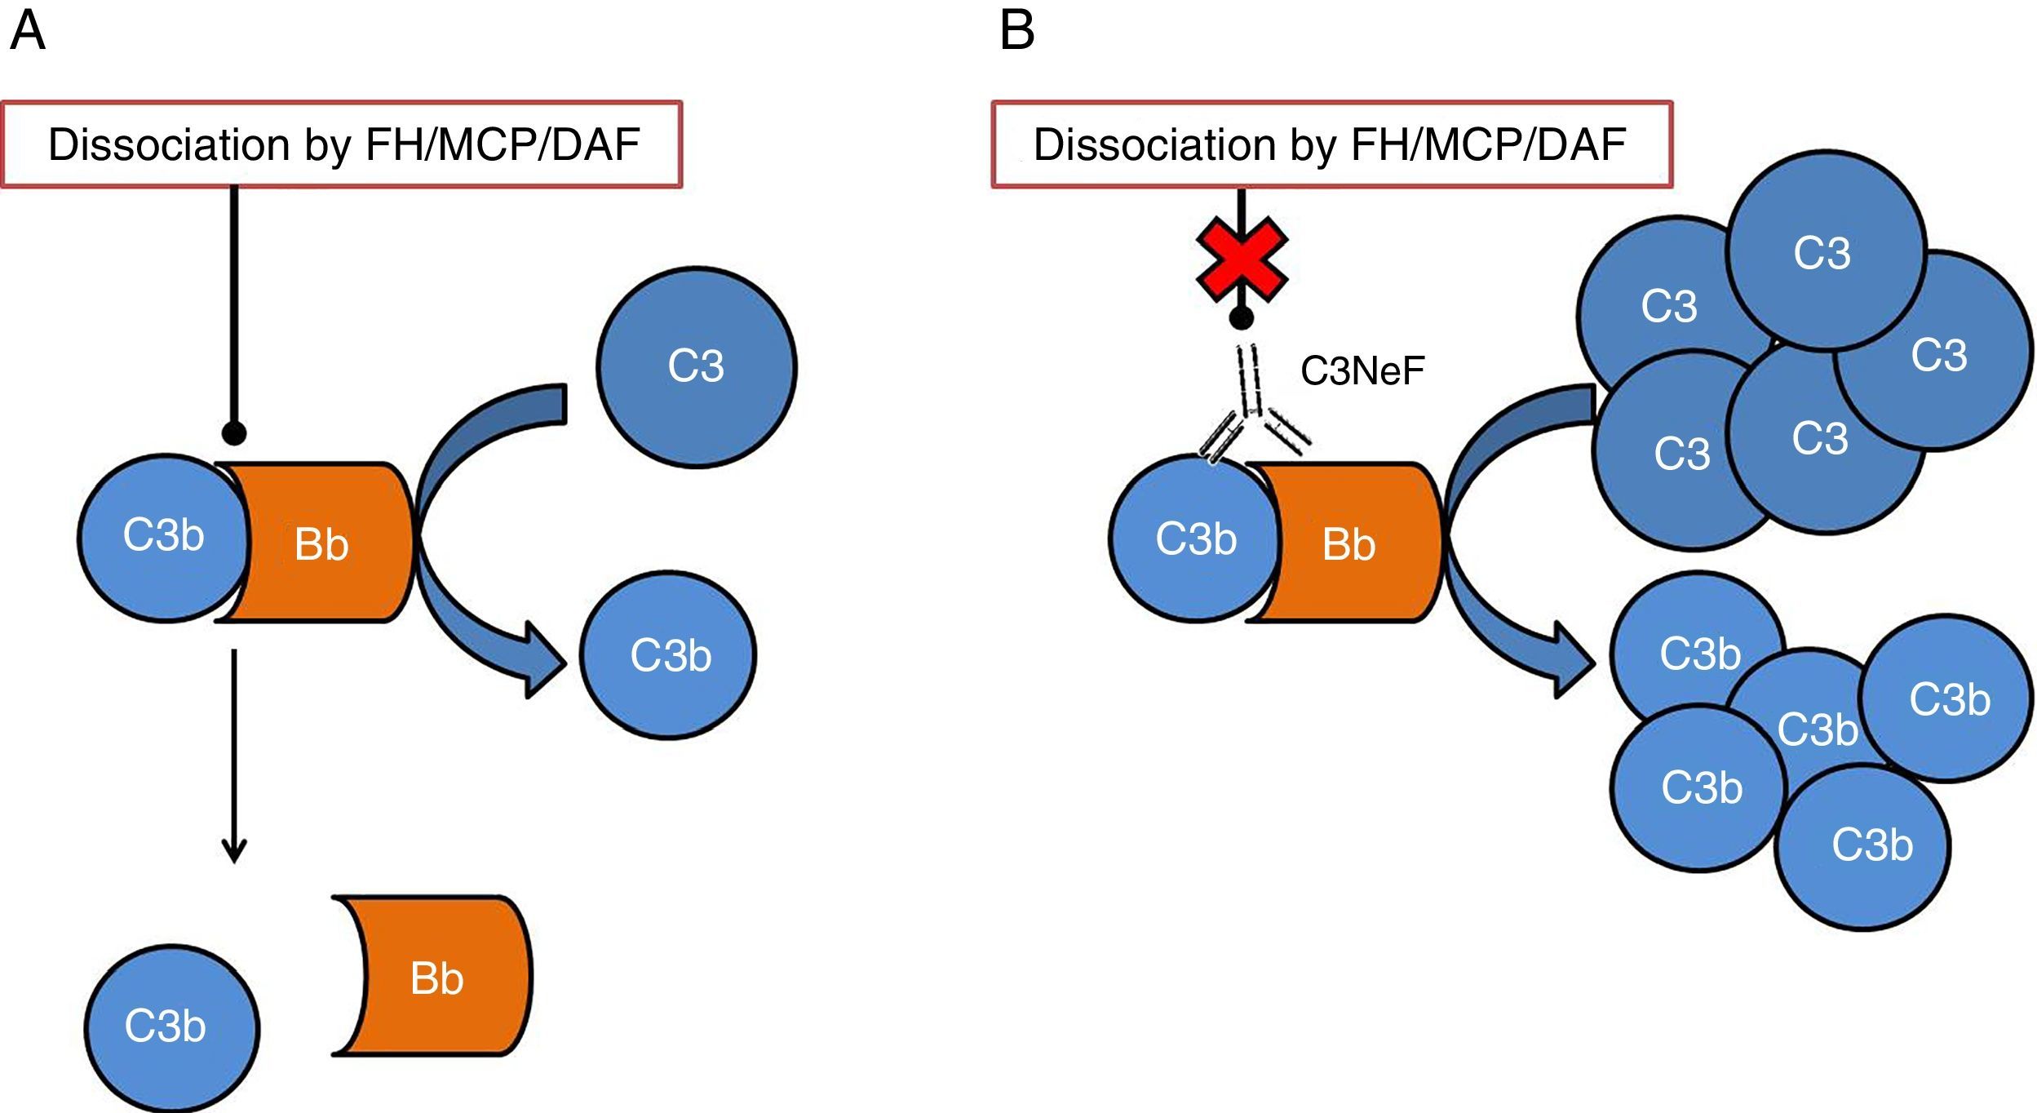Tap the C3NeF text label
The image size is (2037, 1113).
point(1362,371)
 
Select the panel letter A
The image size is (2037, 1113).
point(28,31)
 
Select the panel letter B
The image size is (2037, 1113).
point(1016,31)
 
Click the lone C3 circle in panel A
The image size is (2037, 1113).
point(696,366)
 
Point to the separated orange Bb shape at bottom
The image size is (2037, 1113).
point(436,977)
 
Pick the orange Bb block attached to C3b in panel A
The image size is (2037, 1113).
point(322,543)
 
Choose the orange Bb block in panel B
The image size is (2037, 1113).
point(1349,543)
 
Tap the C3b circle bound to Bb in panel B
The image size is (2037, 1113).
point(1194,539)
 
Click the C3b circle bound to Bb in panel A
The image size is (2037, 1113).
point(163,537)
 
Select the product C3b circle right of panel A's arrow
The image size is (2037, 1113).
point(669,655)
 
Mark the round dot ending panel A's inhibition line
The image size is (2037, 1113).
point(234,433)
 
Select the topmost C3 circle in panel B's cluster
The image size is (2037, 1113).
point(1826,251)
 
